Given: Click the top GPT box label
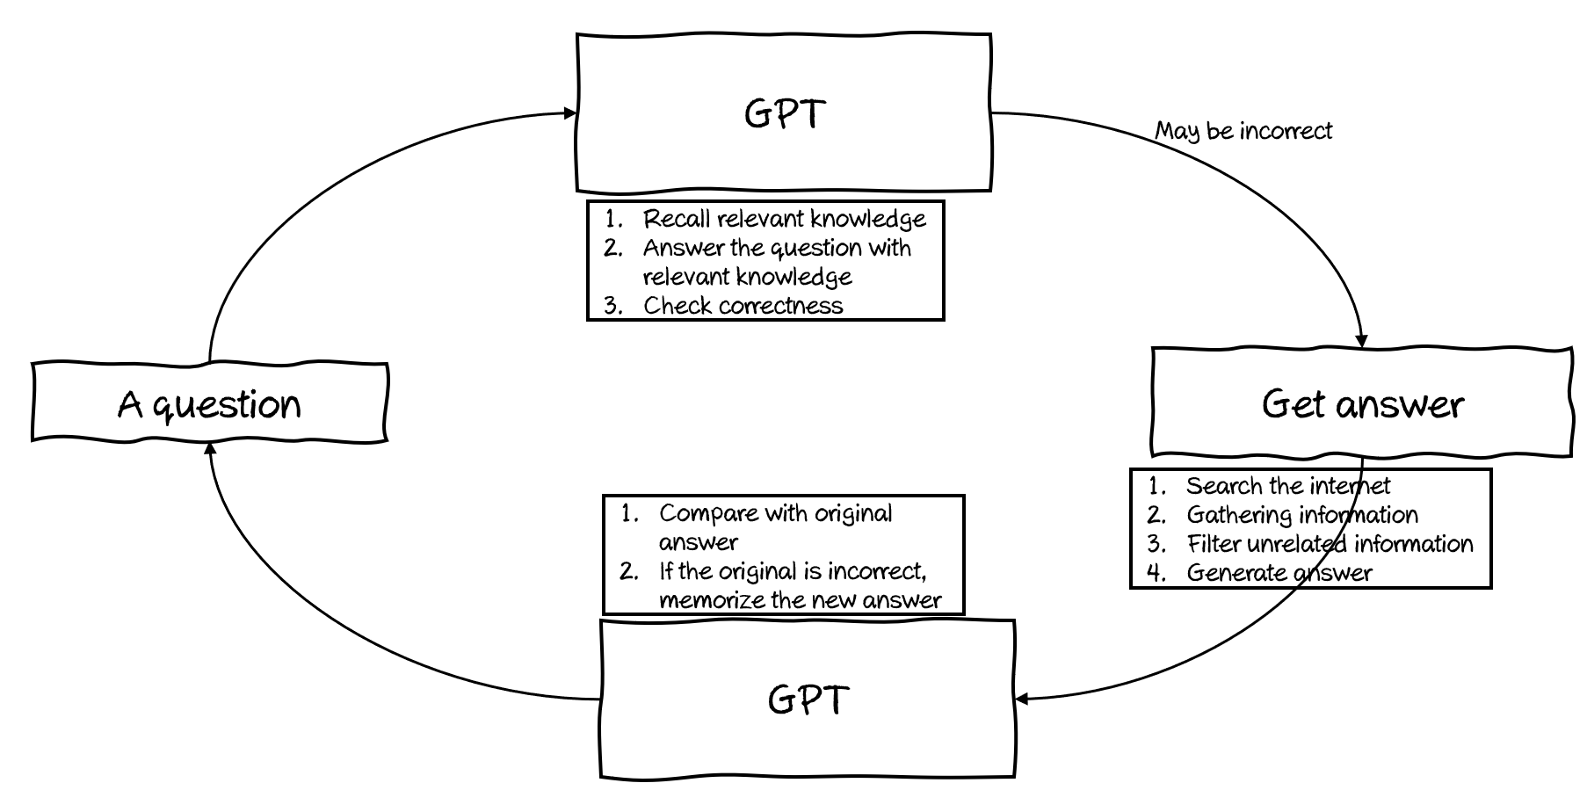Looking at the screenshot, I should pos(784,113).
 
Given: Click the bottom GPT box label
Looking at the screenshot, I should pos(808,700).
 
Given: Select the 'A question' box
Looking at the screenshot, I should pos(209,404).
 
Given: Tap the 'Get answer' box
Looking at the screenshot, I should pos(1362,404).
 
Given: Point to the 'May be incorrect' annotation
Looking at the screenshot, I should pos(1243,131).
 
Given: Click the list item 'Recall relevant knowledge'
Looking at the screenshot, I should pos(784,219).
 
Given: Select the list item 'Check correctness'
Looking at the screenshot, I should pos(743,306).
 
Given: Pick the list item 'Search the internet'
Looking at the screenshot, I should pos(1288,486).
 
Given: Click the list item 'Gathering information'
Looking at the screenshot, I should pos(1301,515).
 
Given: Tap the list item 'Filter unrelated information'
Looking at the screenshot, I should pos(1330,544).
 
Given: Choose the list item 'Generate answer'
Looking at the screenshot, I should pos(1279,573).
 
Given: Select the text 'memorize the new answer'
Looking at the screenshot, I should pos(800,600).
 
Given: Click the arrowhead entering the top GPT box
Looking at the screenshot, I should pos(570,112).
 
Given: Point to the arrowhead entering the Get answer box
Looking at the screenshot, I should pos(1362,342).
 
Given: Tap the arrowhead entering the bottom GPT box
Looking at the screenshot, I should pos(1022,700).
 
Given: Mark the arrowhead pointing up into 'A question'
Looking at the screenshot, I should pos(210,448).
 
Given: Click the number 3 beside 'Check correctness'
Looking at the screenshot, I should pos(612,306).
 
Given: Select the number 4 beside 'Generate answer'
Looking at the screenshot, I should pos(1156,573).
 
